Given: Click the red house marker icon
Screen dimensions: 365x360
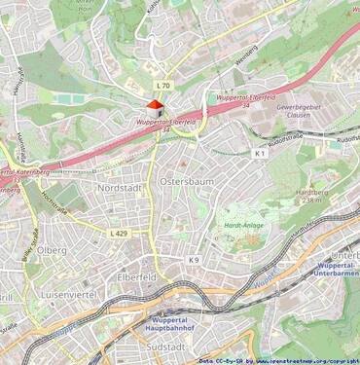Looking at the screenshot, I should (x=154, y=107).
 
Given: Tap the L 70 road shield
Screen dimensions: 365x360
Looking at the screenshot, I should (x=162, y=86).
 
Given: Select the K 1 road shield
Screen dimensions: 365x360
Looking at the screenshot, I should (x=260, y=154).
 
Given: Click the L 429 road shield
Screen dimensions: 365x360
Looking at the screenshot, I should (x=119, y=234).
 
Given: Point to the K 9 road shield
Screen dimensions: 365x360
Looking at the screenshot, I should (x=194, y=260).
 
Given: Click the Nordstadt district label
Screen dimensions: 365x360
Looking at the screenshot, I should (x=121, y=186).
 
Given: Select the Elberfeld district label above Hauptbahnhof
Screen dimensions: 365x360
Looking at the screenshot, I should (x=138, y=277).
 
